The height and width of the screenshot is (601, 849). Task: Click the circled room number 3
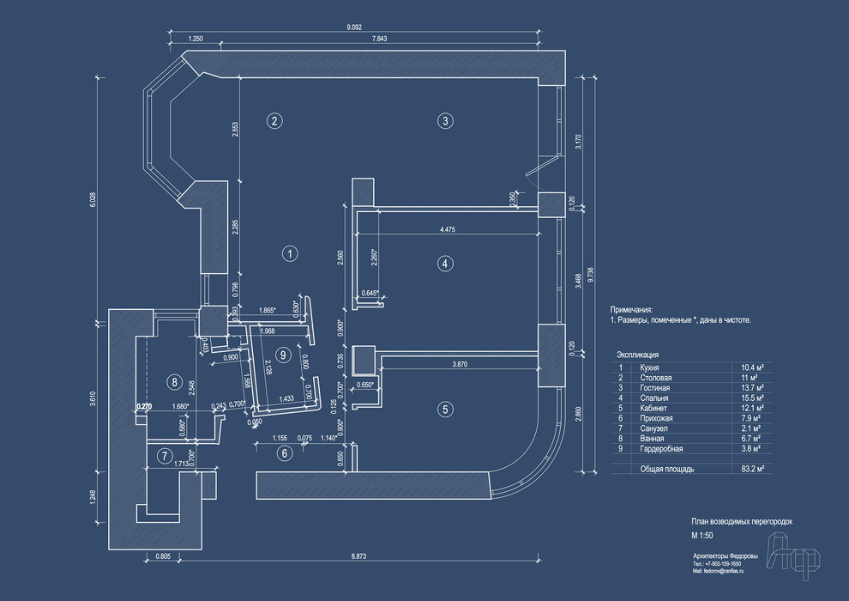(444, 120)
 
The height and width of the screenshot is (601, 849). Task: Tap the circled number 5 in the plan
(444, 410)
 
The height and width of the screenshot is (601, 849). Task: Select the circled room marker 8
(174, 381)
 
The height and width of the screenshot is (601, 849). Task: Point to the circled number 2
(274, 120)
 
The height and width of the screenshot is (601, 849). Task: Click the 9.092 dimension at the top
(353, 27)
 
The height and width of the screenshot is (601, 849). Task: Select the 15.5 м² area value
(753, 398)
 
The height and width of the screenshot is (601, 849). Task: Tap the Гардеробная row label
(661, 449)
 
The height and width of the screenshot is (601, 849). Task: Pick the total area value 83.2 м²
(753, 470)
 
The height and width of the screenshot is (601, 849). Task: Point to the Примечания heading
(631, 309)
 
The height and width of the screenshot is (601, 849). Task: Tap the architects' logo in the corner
(793, 551)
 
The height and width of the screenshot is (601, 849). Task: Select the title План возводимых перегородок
(743, 521)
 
